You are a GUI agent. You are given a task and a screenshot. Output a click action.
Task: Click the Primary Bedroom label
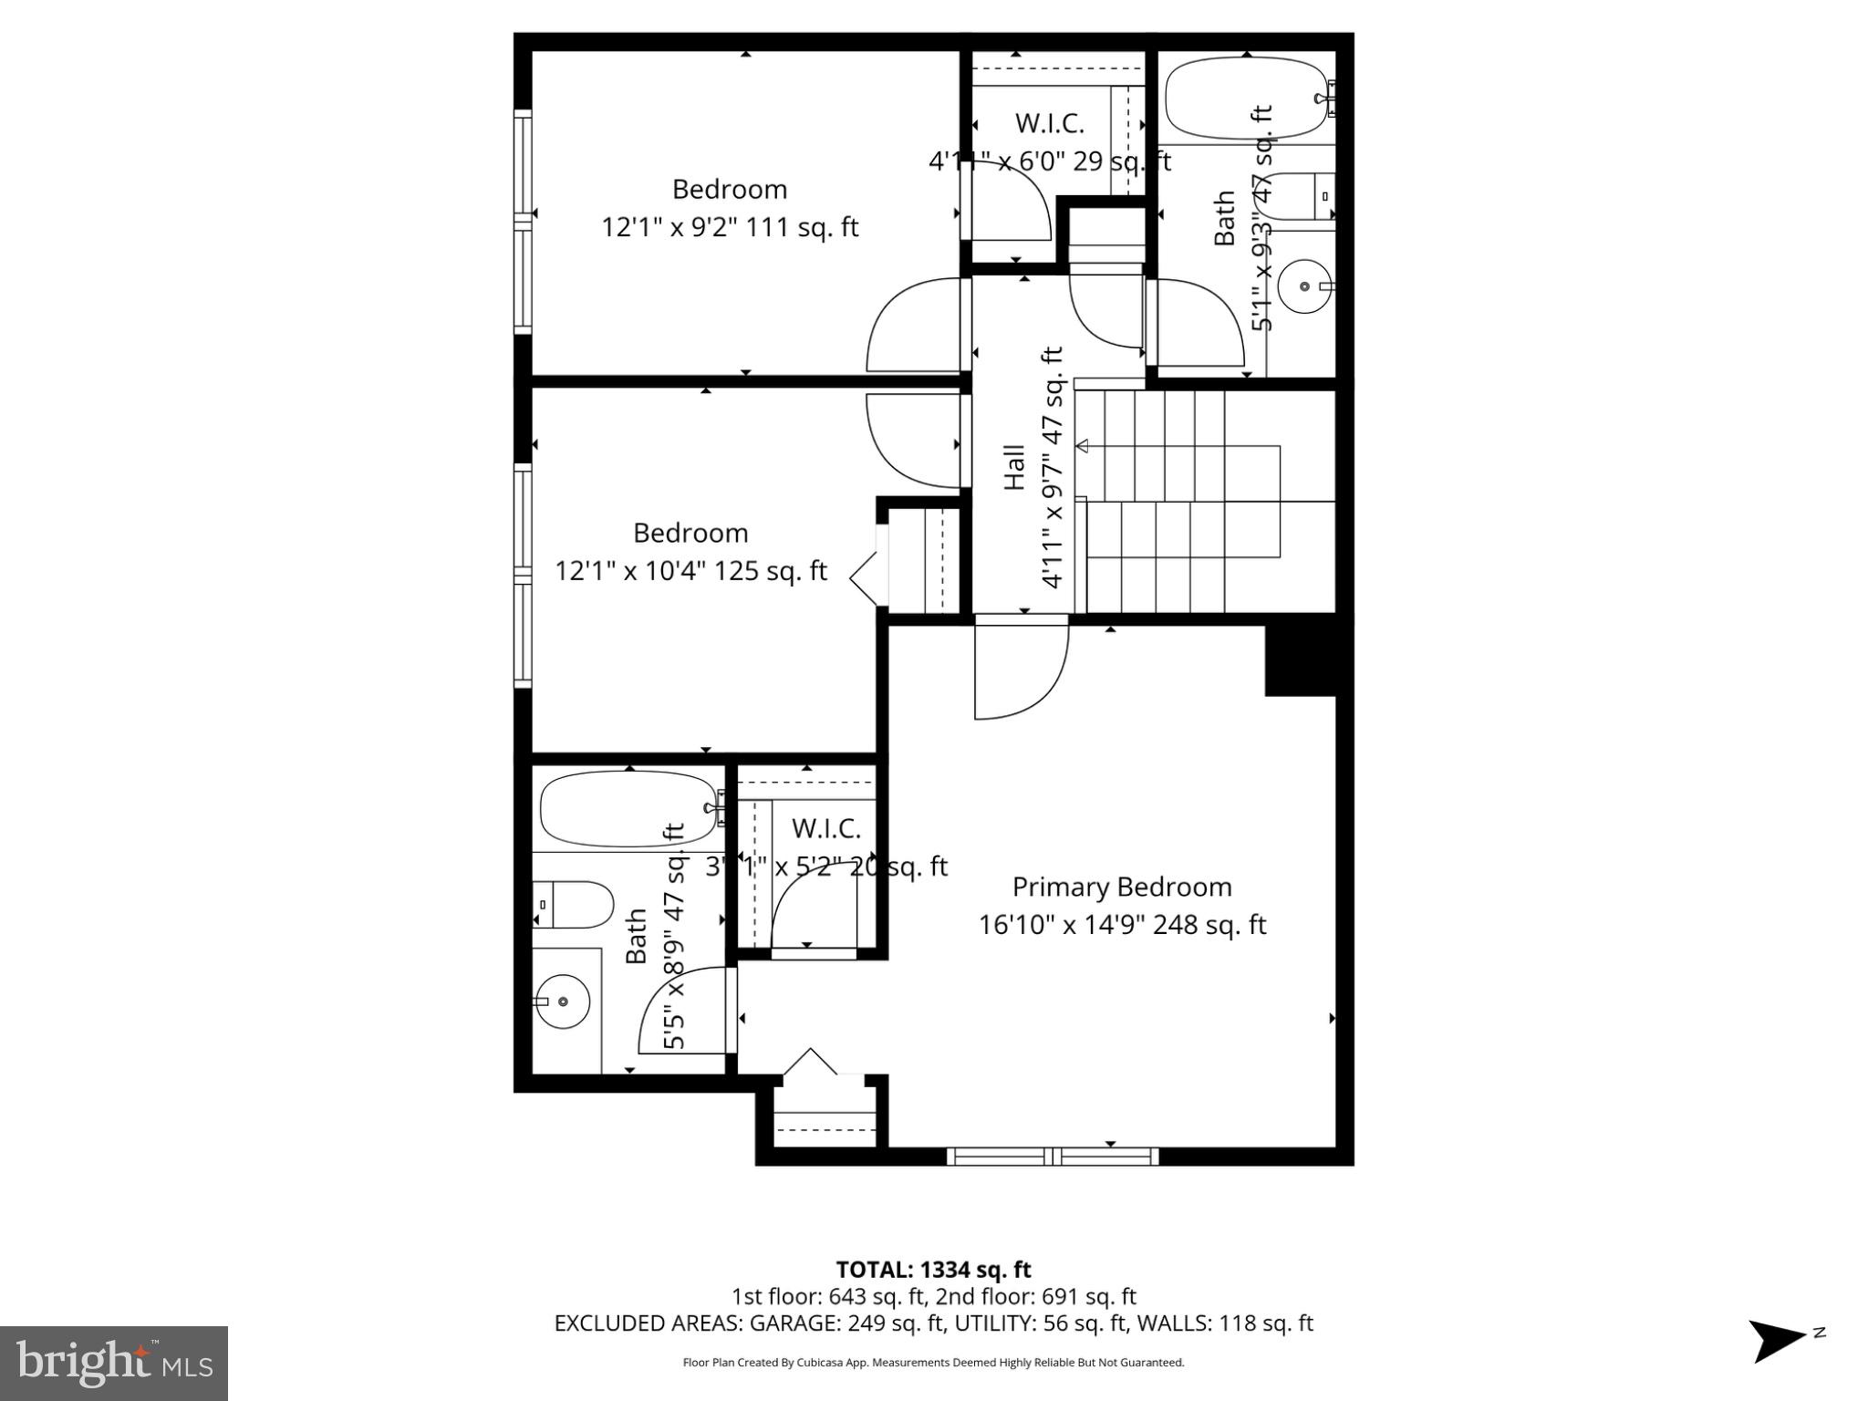[1122, 887]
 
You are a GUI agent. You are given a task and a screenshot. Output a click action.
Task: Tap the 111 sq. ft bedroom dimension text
[730, 227]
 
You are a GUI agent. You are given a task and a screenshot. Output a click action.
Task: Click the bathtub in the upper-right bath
[1247, 99]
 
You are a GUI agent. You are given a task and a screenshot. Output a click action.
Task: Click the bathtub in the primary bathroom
[629, 809]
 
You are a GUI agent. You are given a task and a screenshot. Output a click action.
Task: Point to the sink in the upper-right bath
[1304, 286]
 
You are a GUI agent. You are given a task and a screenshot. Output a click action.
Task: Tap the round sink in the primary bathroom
[562, 1001]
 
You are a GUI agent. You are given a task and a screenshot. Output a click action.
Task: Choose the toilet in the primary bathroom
[573, 905]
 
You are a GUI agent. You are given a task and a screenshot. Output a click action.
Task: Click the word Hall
[1014, 467]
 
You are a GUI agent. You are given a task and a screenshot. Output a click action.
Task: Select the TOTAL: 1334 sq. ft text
[933, 1270]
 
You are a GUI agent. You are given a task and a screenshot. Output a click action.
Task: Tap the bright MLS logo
[114, 1364]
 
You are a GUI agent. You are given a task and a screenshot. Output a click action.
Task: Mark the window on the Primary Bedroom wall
[1053, 1157]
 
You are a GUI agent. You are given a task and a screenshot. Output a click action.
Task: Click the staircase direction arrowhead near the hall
[1083, 446]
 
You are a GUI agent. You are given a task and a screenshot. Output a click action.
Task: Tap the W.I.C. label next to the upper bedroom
[1049, 122]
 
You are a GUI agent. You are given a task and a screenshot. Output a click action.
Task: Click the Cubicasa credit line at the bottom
[933, 1363]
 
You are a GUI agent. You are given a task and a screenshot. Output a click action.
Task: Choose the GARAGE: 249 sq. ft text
[766, 1323]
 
